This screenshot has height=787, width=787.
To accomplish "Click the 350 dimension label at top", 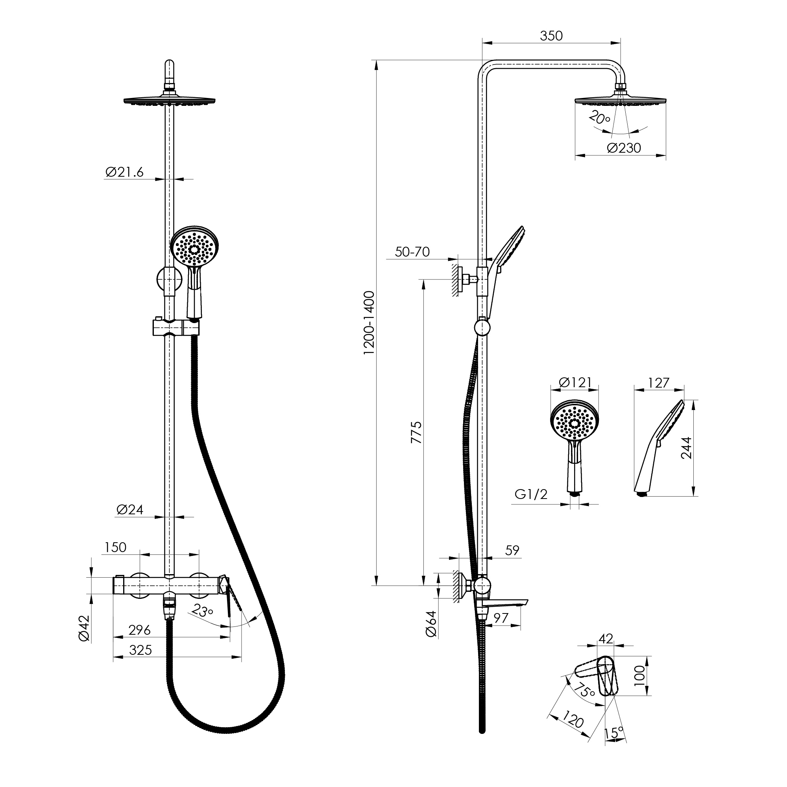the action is [551, 36].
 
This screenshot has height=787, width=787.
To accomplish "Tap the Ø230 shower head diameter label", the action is [624, 148].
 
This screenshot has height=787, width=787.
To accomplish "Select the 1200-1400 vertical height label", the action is [369, 323].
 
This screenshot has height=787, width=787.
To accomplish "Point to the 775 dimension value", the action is [416, 432].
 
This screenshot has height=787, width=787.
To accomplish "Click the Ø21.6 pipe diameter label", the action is [124, 172].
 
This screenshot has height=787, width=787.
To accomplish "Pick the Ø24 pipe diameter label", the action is [129, 510].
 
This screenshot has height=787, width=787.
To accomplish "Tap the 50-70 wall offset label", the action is [412, 252].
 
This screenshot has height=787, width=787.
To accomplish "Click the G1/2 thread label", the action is [531, 494].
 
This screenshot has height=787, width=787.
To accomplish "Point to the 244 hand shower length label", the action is [686, 448].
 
